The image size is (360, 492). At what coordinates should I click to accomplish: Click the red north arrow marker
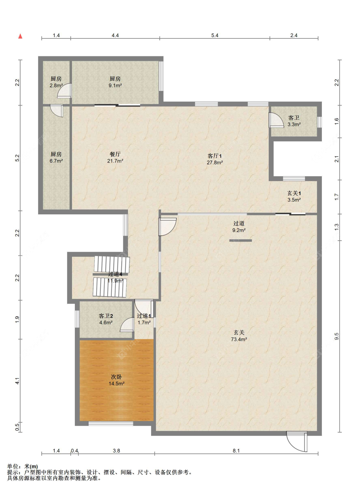20,36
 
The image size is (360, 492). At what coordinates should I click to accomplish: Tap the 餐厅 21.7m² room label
115,157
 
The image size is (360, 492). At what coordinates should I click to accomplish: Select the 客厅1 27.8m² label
215,159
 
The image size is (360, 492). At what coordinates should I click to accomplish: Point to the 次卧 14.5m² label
116,380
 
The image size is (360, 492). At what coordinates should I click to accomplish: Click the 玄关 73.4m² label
239,336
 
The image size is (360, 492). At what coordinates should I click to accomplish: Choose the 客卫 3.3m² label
294,121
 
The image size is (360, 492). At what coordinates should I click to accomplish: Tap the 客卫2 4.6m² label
106,319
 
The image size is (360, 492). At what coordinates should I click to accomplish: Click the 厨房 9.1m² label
115,82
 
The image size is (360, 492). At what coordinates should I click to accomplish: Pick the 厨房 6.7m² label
56,157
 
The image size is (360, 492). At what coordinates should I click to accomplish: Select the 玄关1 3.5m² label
294,196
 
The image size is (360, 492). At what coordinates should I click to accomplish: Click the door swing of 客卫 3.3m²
276,120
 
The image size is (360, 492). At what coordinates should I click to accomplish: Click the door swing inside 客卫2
127,325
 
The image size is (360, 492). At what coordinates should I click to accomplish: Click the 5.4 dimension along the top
215,36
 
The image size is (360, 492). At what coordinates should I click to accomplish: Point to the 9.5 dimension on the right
337,336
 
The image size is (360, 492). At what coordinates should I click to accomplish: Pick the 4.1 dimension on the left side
18,381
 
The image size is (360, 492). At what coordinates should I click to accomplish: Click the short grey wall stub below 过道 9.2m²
240,241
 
